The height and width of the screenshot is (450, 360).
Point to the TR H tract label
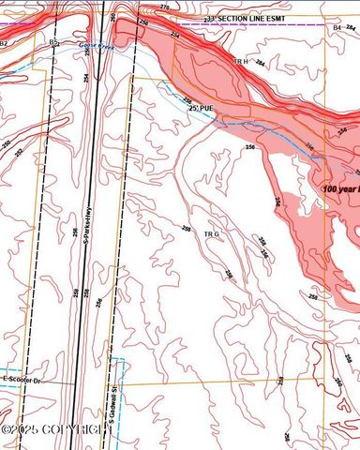240,61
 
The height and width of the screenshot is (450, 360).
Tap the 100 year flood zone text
339,188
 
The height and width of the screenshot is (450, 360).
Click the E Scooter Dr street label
22,379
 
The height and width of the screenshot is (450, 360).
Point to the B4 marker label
337,29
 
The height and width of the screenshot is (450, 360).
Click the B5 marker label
54,43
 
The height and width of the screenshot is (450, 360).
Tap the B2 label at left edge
4,43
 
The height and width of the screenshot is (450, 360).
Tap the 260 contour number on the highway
113,17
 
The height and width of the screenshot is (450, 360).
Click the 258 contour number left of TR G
186,228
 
